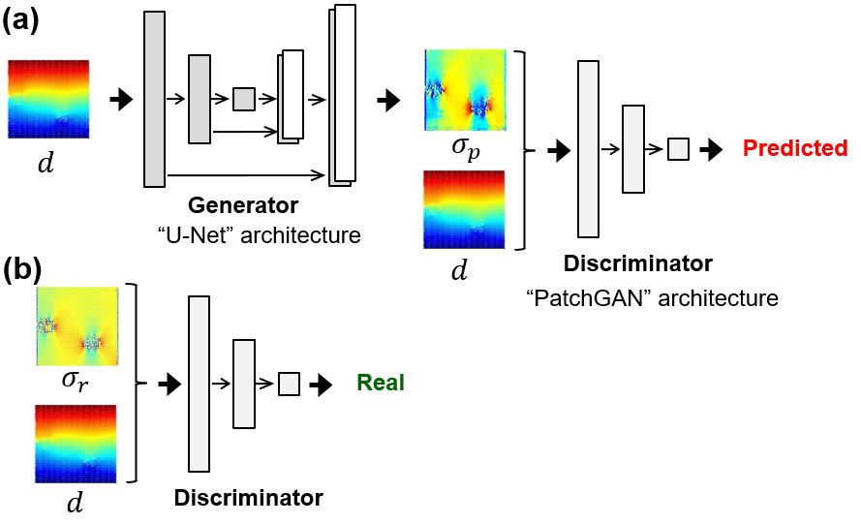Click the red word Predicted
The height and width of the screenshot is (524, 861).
pyautogui.click(x=794, y=148)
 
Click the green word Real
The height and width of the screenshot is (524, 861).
pyautogui.click(x=381, y=384)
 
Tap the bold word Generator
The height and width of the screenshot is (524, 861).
pyautogui.click(x=243, y=205)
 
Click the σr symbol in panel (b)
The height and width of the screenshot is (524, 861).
pyautogui.click(x=76, y=380)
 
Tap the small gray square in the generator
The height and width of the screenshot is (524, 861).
pyautogui.click(x=244, y=99)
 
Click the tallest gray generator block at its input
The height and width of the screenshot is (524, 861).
pyautogui.click(x=154, y=99)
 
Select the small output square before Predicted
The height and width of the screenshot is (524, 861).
pyautogui.click(x=678, y=149)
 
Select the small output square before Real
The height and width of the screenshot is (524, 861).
pyautogui.click(x=289, y=385)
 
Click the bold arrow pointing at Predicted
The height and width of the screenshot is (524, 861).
pyautogui.click(x=712, y=149)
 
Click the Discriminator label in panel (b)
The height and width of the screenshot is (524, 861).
pyautogui.click(x=248, y=499)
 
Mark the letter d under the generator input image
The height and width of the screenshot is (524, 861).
pyautogui.click(x=45, y=165)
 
